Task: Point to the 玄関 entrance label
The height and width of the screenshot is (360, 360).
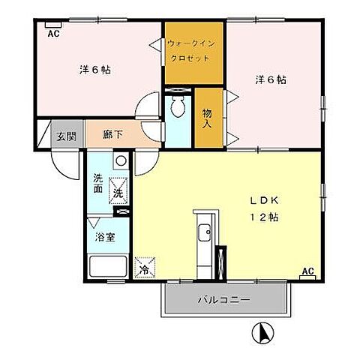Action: (x=64, y=136)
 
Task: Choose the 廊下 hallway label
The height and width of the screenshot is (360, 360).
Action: (x=103, y=136)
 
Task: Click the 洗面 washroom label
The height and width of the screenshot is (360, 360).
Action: (x=99, y=184)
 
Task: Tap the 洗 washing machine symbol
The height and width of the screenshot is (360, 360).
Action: (x=118, y=191)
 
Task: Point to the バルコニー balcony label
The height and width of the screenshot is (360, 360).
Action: (x=224, y=300)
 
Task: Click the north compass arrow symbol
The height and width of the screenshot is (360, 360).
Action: (x=263, y=330)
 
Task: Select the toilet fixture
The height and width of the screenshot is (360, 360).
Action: (x=178, y=109)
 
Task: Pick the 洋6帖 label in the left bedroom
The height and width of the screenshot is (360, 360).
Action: (x=95, y=70)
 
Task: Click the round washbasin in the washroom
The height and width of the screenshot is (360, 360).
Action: (x=119, y=160)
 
